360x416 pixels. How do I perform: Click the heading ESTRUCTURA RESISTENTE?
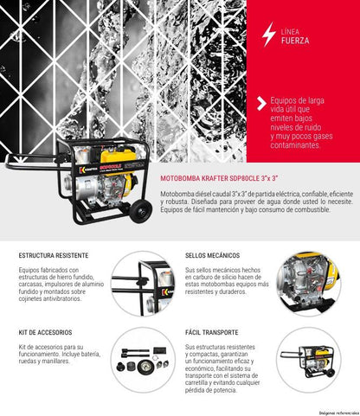(53, 257)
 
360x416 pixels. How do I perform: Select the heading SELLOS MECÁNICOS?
(213, 257)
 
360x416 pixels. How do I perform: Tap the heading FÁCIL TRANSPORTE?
(211, 332)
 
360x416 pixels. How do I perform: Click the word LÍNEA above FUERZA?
(292, 29)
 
